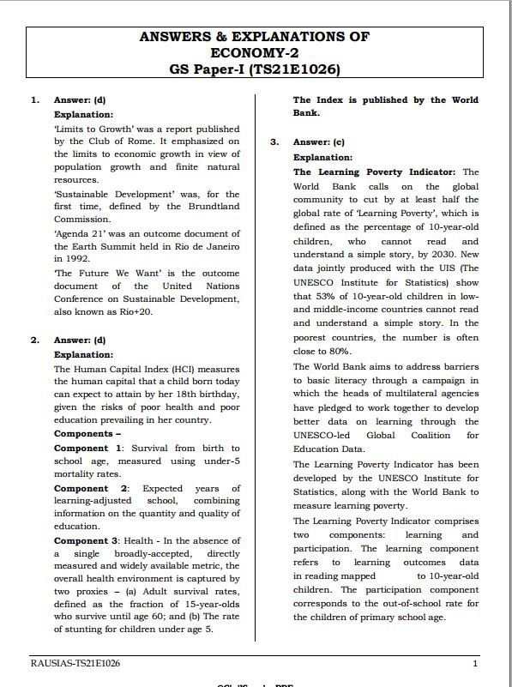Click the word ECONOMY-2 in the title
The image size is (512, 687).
pos(255,52)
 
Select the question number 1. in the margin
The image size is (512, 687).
pos(35,100)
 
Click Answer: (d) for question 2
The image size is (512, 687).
pos(80,340)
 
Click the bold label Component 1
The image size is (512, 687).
pos(88,449)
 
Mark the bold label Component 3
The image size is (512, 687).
pos(88,541)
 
